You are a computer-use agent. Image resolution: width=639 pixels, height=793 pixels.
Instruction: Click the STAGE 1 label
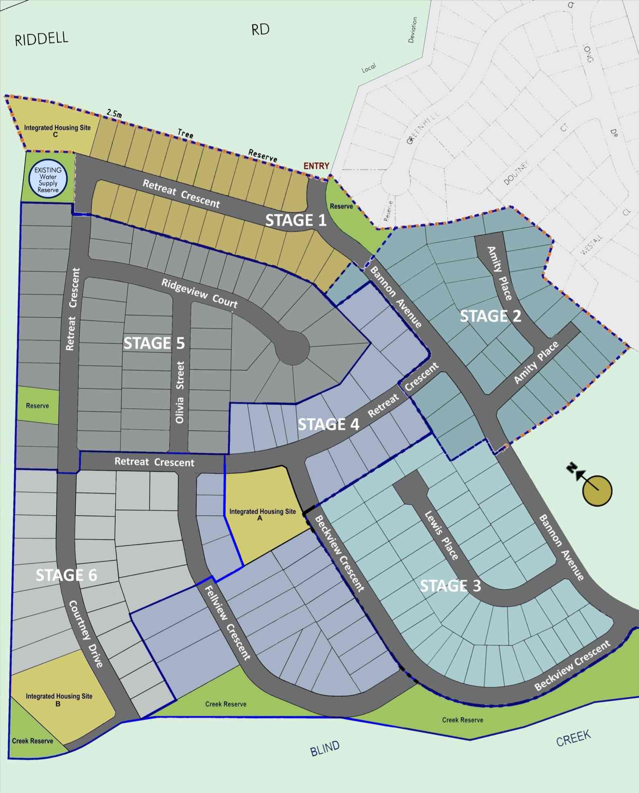(x=296, y=220)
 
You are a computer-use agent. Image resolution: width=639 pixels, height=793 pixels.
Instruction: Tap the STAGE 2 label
(x=490, y=316)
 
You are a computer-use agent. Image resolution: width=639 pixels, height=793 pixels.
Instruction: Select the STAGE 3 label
(x=450, y=586)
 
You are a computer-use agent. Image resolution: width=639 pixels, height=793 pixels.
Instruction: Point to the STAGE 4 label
(x=328, y=424)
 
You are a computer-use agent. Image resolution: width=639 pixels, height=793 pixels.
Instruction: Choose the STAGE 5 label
(x=154, y=343)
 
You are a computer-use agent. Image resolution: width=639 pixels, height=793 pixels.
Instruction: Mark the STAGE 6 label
(x=66, y=575)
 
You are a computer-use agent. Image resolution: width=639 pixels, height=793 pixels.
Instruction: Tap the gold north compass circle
(x=598, y=490)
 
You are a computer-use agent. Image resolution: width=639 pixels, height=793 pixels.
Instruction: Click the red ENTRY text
(x=316, y=166)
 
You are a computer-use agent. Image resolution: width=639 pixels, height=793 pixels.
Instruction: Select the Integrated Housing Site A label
(x=262, y=514)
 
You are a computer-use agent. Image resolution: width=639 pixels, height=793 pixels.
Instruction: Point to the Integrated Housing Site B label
(x=59, y=699)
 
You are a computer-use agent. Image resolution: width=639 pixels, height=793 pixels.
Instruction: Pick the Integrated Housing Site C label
(x=57, y=130)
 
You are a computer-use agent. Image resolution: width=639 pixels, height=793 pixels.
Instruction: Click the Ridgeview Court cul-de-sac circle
(x=293, y=348)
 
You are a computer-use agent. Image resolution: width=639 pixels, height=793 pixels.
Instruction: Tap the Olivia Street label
(x=180, y=392)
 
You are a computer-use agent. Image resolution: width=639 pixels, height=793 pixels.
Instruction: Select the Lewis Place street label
(x=441, y=535)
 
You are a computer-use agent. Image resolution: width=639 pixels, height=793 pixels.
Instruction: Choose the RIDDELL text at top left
(x=41, y=39)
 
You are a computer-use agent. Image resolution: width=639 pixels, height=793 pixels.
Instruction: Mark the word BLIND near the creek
(x=325, y=748)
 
